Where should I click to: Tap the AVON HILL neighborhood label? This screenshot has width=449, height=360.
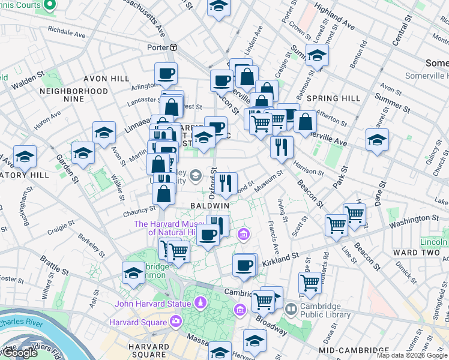click(x=106, y=79)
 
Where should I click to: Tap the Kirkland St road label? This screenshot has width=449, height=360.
click(x=281, y=256)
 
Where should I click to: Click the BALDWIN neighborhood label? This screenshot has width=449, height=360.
click(x=210, y=205)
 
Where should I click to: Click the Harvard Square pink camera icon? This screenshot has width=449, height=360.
click(x=175, y=322)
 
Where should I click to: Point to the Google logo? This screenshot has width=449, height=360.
click(x=19, y=353)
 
